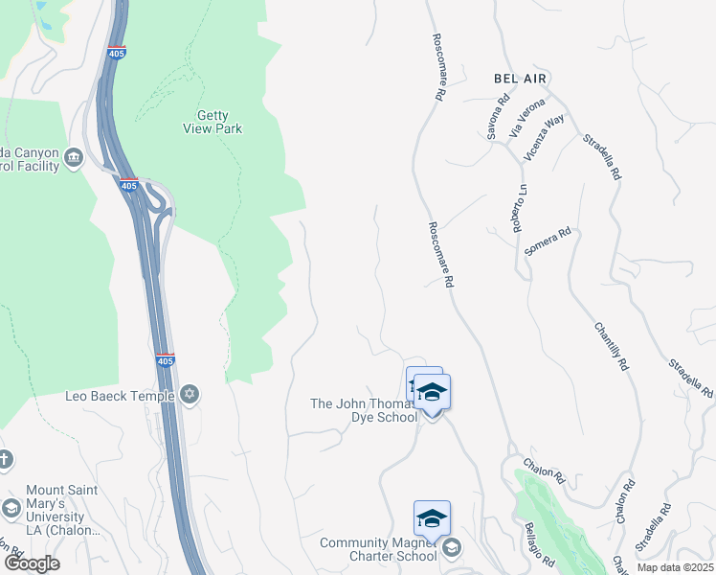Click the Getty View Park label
[x=213, y=121]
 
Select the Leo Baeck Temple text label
[x=120, y=395]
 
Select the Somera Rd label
[x=548, y=241]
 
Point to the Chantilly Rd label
[x=610, y=345]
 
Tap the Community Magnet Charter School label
[x=378, y=549]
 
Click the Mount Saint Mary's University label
[x=61, y=510]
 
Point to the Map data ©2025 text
[x=675, y=567]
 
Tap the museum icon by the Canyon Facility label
[x=74, y=154]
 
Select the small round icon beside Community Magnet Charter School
[x=452, y=549]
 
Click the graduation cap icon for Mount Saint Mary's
[x=11, y=508]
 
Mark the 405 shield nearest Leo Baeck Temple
[x=165, y=360]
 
